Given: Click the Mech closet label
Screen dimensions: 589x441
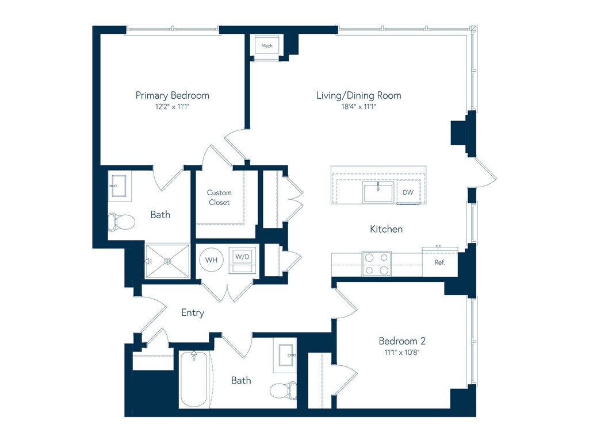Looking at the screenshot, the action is (x=267, y=46).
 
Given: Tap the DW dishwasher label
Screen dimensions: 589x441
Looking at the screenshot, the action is (x=408, y=192).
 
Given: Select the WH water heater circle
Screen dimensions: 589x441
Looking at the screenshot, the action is (x=211, y=260).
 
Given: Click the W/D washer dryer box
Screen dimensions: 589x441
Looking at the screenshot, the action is (x=242, y=260).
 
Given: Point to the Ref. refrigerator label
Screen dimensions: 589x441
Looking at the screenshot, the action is (x=440, y=262).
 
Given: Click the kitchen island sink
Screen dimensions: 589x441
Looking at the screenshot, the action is (x=378, y=192).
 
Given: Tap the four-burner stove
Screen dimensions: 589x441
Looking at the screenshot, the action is (x=376, y=264).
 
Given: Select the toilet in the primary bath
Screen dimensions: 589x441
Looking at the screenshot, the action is (x=121, y=222).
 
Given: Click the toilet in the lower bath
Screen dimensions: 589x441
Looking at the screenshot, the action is (x=283, y=390).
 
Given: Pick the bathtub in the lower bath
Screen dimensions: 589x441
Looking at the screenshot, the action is (x=194, y=379).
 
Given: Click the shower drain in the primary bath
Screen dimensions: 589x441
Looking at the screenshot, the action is (x=167, y=261).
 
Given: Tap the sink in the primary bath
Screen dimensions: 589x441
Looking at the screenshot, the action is (x=120, y=186).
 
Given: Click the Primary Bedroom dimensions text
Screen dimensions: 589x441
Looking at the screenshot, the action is (x=173, y=106).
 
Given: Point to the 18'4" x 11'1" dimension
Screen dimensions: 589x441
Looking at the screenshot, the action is (x=358, y=106).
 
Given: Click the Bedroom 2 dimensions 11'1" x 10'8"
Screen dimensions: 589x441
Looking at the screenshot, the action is (x=401, y=352).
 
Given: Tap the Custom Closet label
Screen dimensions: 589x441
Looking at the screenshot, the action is (x=219, y=198).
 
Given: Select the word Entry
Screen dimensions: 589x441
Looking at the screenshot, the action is (x=193, y=313).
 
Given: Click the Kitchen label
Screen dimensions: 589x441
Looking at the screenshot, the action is (x=386, y=229).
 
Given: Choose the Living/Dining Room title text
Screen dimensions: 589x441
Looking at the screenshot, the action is (x=359, y=95).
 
